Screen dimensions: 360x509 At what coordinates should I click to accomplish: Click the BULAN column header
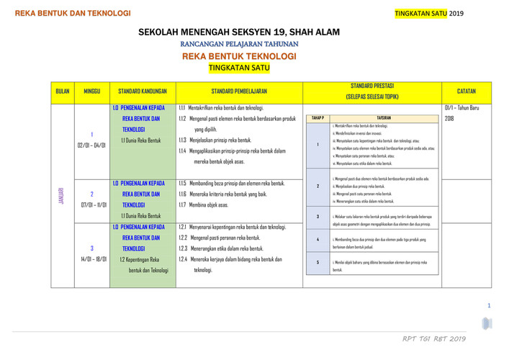[63, 91]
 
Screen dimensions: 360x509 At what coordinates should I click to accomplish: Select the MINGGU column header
[91, 91]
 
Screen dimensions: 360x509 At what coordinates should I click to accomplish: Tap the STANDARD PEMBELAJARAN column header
[239, 91]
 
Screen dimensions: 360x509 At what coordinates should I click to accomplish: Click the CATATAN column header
[467, 91]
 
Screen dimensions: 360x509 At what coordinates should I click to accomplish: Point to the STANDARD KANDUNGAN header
[143, 91]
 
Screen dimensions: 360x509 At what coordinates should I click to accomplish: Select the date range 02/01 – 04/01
[91, 145]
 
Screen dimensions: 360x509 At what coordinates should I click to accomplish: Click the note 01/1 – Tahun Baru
[461, 108]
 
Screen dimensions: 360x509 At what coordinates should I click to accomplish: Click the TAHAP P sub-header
[317, 117]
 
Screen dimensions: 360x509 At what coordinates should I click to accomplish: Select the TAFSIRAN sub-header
[384, 117]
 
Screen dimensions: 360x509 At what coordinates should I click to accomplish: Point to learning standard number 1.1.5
[182, 183]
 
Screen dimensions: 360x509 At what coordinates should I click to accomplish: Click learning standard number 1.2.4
[183, 258]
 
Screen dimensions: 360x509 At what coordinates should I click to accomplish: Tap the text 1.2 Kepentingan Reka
[140, 258]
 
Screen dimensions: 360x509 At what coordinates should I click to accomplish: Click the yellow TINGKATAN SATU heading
[238, 68]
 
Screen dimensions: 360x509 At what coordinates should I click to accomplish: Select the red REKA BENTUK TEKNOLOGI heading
[239, 55]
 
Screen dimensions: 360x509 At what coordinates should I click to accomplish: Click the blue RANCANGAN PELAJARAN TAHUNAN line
[239, 44]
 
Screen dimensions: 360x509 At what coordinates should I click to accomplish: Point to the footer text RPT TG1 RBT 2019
[434, 338]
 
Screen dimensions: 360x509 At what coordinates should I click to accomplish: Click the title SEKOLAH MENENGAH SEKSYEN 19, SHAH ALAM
[239, 32]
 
